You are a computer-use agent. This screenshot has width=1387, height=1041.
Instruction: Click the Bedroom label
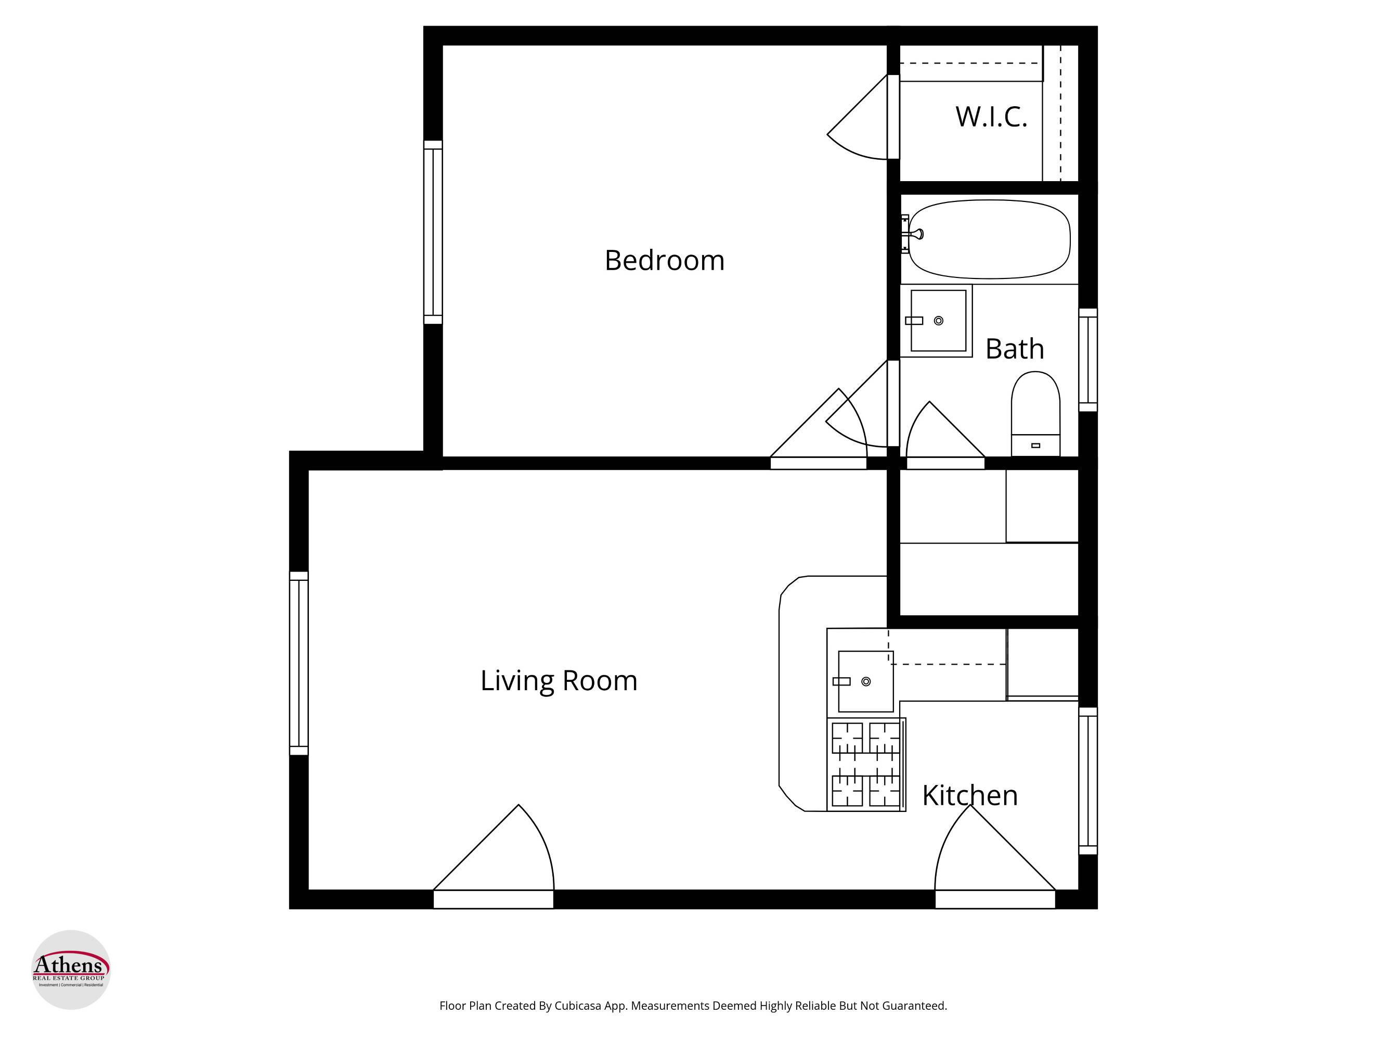point(664,260)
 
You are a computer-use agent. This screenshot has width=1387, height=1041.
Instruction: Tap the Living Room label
point(559,681)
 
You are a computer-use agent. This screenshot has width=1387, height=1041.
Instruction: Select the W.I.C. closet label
point(991,117)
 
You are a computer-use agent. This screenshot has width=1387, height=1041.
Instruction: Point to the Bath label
point(1015,349)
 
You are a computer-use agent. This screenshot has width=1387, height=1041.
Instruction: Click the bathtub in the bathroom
point(990,239)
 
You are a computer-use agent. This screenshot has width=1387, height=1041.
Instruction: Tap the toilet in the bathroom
point(1035,413)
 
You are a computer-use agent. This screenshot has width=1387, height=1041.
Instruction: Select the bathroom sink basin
point(938,321)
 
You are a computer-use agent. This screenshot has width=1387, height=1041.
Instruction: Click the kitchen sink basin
point(866,681)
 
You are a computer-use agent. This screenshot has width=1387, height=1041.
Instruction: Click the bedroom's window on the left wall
point(433,232)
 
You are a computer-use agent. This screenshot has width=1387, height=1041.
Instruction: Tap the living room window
point(299,663)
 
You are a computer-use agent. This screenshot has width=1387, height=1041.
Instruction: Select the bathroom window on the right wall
point(1088,360)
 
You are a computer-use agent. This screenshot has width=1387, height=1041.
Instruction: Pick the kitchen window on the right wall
point(1088,781)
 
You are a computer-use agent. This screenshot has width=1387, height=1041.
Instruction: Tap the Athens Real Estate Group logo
point(71,970)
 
